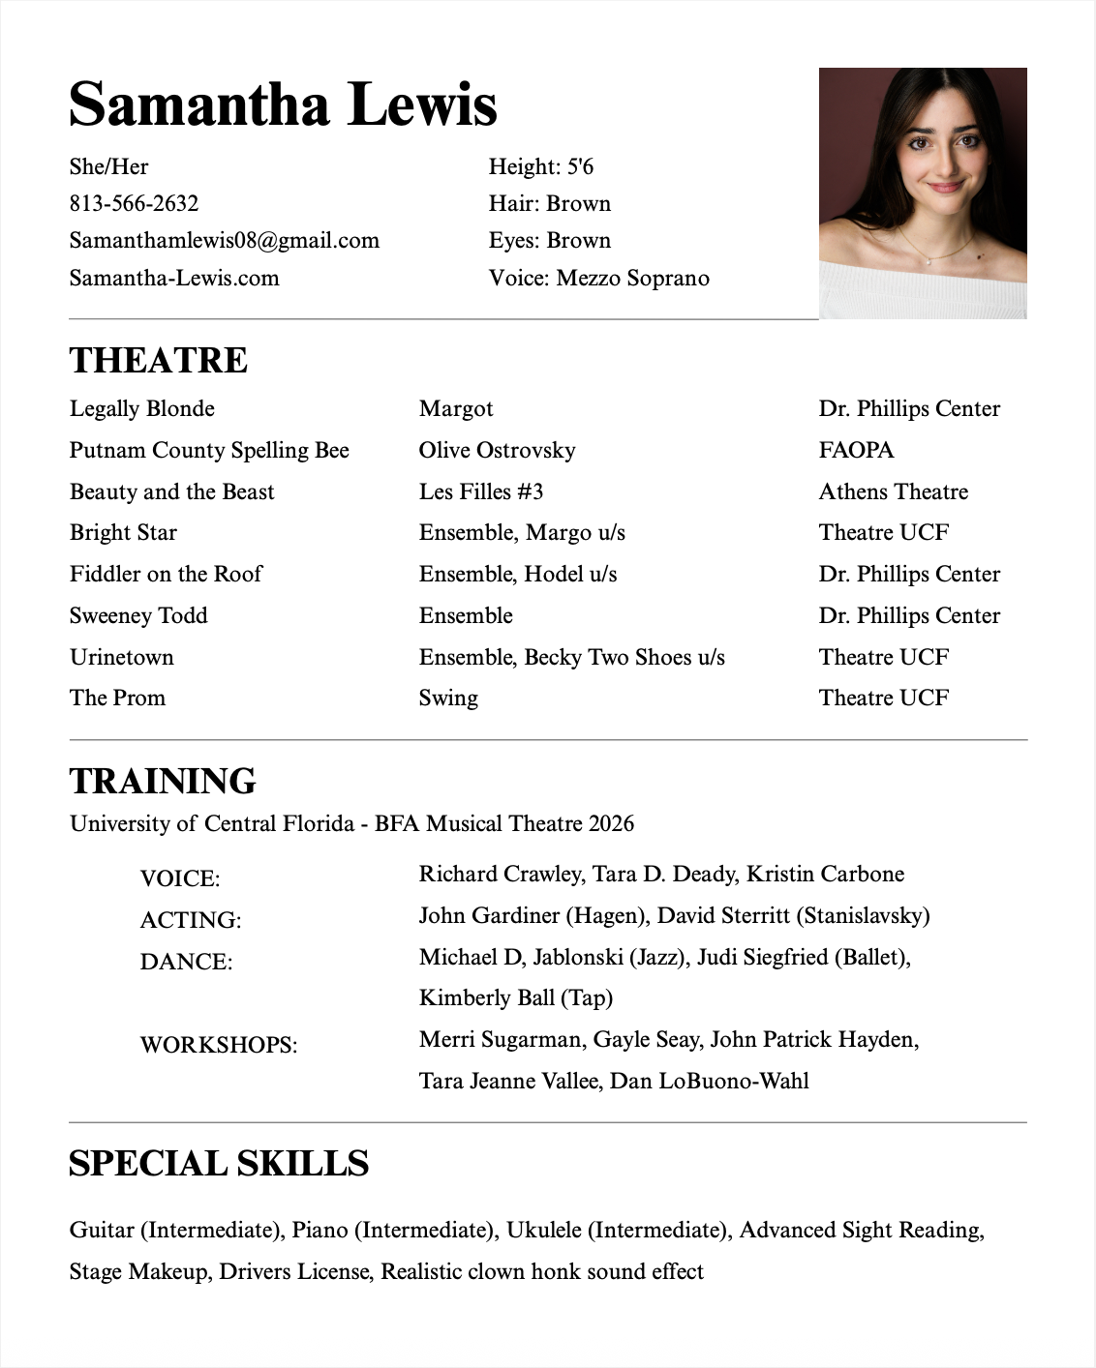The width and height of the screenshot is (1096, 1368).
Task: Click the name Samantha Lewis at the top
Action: [x=283, y=104]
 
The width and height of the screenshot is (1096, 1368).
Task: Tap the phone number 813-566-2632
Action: [x=134, y=203]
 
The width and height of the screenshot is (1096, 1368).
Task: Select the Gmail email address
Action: [x=224, y=240]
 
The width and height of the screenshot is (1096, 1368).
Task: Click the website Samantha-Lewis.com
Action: [x=174, y=278]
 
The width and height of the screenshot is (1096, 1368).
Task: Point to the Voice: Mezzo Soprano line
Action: [x=598, y=278]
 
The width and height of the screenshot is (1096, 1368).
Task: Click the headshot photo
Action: [x=922, y=193]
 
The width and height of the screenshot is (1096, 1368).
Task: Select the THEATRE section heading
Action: [x=159, y=360]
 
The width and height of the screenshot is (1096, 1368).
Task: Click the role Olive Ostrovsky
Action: [x=497, y=450]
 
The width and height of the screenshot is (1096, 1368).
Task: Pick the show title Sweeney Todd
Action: [x=138, y=615]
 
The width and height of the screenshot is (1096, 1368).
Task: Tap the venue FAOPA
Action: [x=856, y=450]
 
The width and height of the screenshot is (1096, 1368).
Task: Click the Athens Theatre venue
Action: [x=893, y=491]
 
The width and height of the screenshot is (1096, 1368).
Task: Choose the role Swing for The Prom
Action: [x=448, y=698]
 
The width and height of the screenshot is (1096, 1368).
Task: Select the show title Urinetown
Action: [x=122, y=657]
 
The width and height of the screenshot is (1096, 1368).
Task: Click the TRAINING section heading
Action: [x=163, y=781]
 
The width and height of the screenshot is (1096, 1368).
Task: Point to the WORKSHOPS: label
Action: [x=218, y=1045]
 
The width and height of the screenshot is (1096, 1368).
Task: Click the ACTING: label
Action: [x=190, y=920]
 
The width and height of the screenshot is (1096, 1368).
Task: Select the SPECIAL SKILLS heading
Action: [x=219, y=1163]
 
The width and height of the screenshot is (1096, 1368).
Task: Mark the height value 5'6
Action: [x=580, y=166]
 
